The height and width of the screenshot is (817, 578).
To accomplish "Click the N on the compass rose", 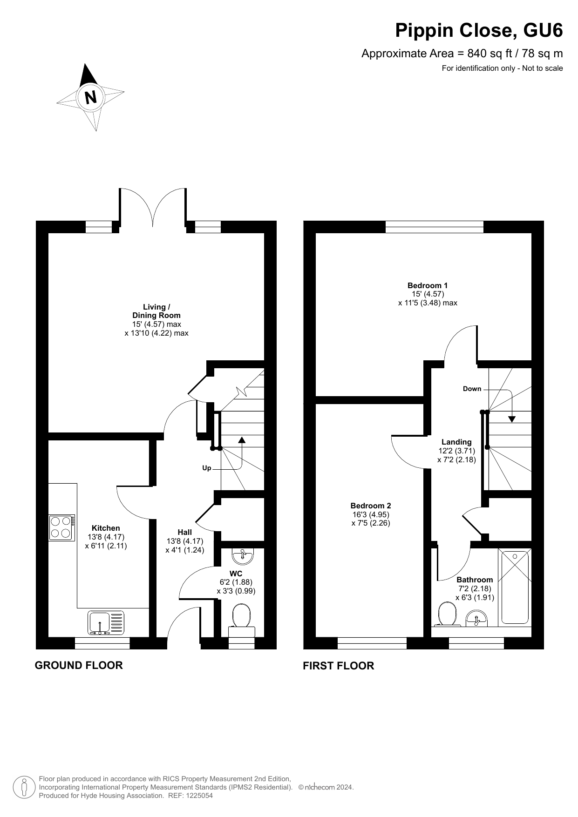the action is pyautogui.click(x=91, y=98).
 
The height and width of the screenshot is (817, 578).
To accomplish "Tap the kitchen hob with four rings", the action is pyautogui.click(x=62, y=527).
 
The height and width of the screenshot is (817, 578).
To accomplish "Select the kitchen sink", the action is pyautogui.click(x=106, y=623).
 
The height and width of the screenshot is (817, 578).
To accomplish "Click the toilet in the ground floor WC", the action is pyautogui.click(x=242, y=620).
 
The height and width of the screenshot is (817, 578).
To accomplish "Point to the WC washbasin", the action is pyautogui.click(x=242, y=555).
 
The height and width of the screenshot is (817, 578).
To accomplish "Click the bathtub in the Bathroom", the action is pyautogui.click(x=515, y=587).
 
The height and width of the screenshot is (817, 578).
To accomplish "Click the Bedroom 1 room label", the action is pyautogui.click(x=428, y=285).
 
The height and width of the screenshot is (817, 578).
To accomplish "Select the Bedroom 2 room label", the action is pyautogui.click(x=371, y=506).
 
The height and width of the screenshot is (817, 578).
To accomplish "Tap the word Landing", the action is pyautogui.click(x=456, y=442).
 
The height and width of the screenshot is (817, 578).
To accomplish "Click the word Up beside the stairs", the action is pyautogui.click(x=207, y=468).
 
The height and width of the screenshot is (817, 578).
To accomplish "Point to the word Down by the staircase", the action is pyautogui.click(x=472, y=389).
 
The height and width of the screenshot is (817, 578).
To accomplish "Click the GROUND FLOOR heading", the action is pyautogui.click(x=79, y=665).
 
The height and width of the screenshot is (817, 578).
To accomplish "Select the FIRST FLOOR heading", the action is pyautogui.click(x=339, y=666).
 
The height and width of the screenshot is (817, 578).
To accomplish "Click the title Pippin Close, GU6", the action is pyautogui.click(x=479, y=30).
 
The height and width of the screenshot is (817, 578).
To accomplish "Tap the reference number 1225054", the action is pyautogui.click(x=199, y=796).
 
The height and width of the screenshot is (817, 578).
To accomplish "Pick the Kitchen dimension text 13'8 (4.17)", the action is pyautogui.click(x=106, y=537).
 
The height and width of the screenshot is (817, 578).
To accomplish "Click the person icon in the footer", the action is pyautogui.click(x=24, y=787).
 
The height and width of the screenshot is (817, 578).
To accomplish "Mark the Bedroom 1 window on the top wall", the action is pyautogui.click(x=435, y=227).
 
